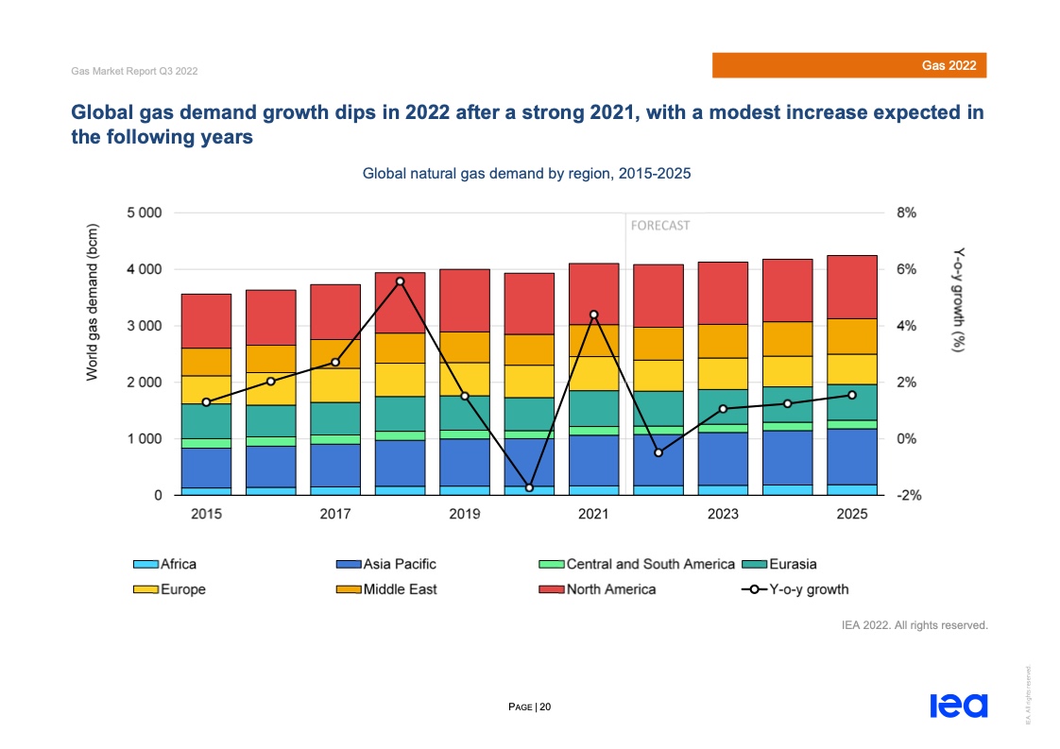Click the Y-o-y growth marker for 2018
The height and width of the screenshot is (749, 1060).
click(400, 281)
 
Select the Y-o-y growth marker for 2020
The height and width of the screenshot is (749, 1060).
click(529, 487)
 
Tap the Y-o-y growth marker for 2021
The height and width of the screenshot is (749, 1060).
click(593, 315)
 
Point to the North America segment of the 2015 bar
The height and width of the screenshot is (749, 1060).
click(206, 321)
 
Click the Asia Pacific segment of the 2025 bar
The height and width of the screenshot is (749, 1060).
click(852, 456)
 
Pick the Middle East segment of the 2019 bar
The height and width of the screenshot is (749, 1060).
click(465, 347)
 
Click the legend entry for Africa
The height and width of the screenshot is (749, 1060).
click(166, 564)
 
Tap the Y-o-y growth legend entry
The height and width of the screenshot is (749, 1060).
click(795, 589)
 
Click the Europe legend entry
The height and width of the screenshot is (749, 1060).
click(171, 589)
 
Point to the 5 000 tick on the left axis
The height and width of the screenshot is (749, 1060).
click(144, 213)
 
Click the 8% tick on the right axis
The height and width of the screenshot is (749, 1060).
click(906, 213)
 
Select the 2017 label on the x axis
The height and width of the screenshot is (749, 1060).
click(335, 514)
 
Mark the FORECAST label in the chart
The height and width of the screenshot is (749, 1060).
click(659, 225)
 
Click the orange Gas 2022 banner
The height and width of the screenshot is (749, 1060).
click(849, 65)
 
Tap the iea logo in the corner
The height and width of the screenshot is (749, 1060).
click(958, 706)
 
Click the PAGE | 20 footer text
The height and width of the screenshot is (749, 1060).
click(530, 706)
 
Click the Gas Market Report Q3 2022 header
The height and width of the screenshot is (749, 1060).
click(134, 71)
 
